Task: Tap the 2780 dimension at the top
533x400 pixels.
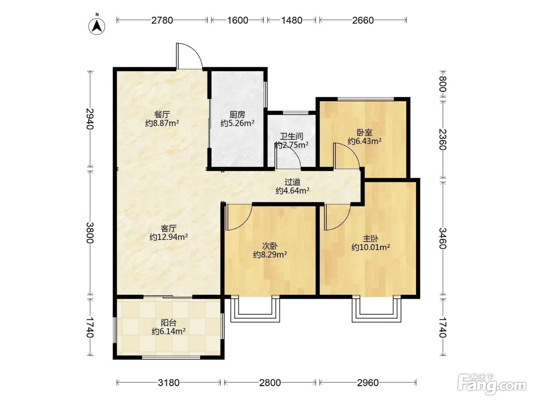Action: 162,21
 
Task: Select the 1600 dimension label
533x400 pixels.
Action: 238,21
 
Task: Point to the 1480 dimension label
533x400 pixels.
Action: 292,21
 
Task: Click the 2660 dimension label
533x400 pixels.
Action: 363,21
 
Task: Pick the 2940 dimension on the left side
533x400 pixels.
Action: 90,119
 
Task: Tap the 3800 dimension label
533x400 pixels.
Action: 90,233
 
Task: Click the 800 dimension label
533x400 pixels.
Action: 443,84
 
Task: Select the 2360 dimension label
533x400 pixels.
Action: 443,139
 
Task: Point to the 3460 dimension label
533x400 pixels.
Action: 443,238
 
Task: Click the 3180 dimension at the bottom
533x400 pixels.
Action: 169,383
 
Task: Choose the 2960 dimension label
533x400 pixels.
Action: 368,383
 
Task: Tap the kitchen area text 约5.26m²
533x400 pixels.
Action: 237,123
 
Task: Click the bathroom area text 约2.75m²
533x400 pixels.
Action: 291,145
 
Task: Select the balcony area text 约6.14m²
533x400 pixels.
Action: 169,331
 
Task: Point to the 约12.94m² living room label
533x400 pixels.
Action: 169,237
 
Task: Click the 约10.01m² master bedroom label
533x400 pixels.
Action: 370,247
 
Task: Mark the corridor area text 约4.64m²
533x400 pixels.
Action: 292,190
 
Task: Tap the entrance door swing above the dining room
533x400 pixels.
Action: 189,56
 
